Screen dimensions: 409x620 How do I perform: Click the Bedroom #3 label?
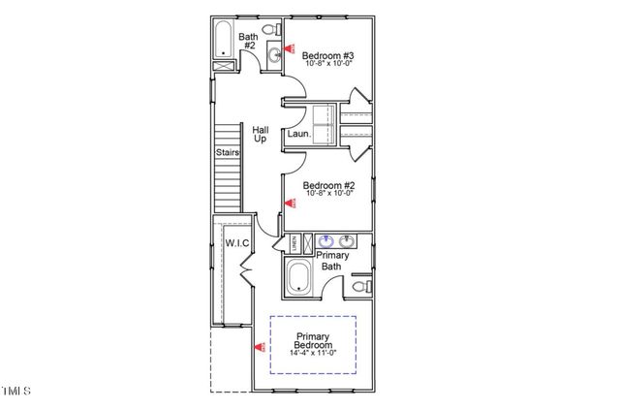coord(328,56)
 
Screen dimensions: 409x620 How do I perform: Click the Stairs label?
coord(228,151)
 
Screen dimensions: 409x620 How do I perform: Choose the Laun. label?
coord(298,135)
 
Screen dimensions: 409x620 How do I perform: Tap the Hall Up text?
coord(261,134)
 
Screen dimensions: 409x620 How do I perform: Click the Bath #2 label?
coord(248,43)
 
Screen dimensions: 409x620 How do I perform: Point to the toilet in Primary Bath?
coord(361,286)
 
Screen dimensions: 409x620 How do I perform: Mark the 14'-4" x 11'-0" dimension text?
coord(313,353)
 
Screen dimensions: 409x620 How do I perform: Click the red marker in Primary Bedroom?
coord(259,346)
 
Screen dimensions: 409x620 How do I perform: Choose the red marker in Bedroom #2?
coord(288,203)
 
